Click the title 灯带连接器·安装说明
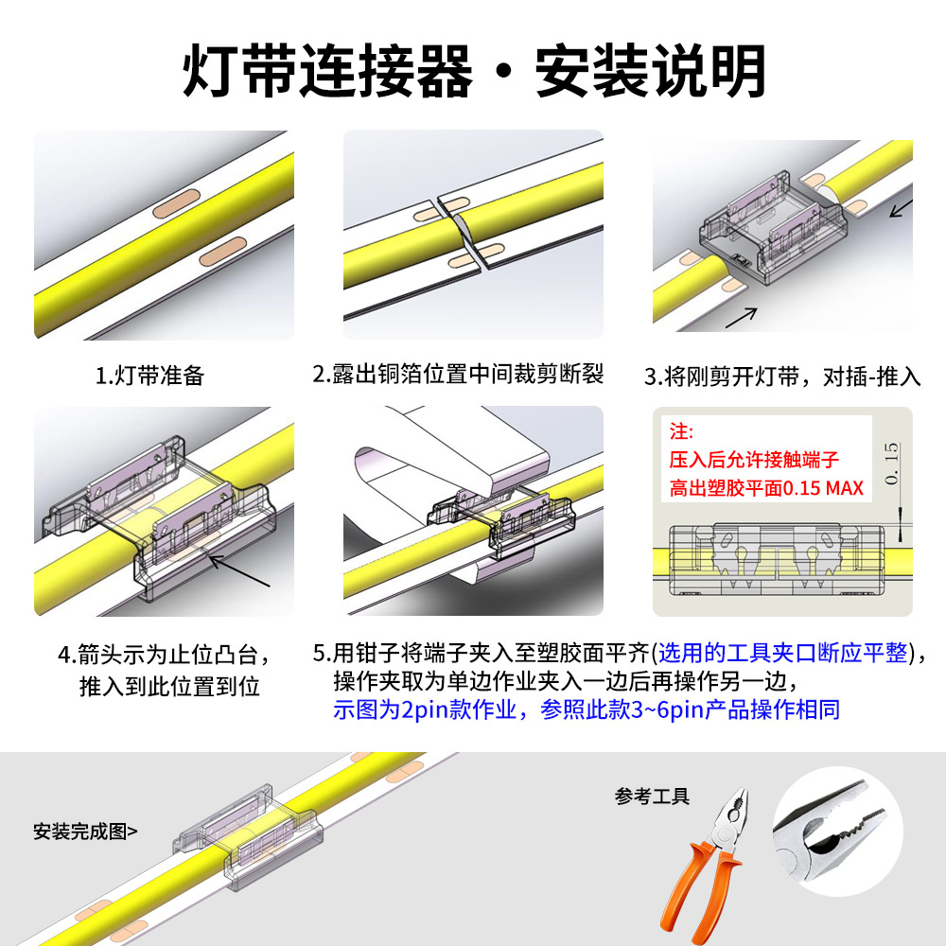(474, 71)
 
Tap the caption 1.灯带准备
(149, 376)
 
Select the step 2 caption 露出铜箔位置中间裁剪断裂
(468, 374)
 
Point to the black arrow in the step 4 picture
(239, 570)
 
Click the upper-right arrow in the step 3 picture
(902, 208)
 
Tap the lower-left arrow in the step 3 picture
(741, 317)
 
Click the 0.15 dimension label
(891, 463)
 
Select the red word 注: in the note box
(681, 431)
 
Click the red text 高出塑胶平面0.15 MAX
(766, 487)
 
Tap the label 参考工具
(652, 797)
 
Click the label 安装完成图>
(85, 832)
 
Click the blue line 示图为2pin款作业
(424, 709)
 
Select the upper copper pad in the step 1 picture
(176, 203)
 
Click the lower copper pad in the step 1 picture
(222, 251)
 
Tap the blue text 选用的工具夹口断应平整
(782, 653)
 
